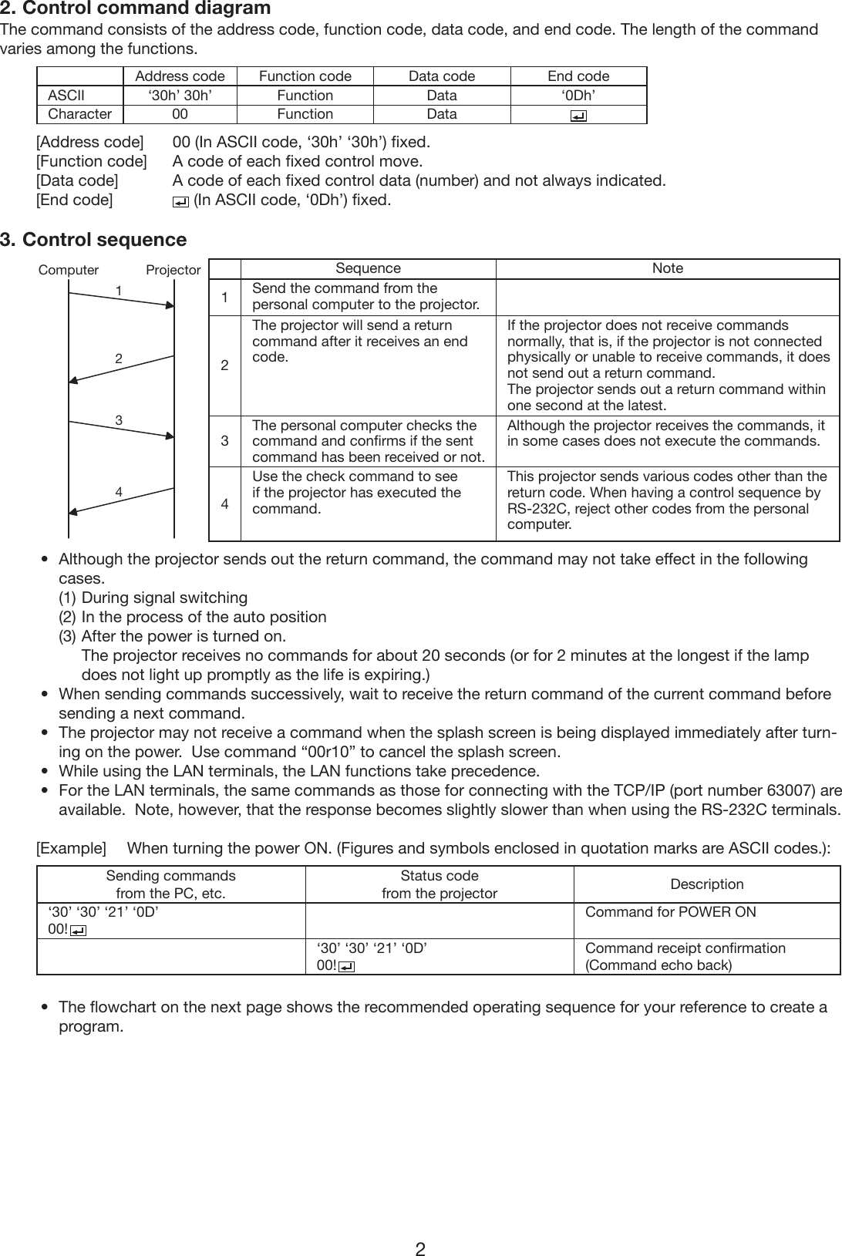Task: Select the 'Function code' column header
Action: [x=305, y=76]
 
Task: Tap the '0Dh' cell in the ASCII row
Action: [x=578, y=96]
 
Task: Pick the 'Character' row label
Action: [x=79, y=114]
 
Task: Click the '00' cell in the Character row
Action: [x=180, y=114]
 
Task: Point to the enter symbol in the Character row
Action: [x=578, y=116]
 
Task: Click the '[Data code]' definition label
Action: [x=77, y=180]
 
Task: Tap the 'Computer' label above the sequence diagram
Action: [x=69, y=270]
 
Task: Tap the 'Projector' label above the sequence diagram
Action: [x=173, y=270]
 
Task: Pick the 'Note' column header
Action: [x=667, y=268]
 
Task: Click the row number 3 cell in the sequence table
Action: [x=224, y=441]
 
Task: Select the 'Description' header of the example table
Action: [x=706, y=884]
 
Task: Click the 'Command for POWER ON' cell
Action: [x=670, y=912]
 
